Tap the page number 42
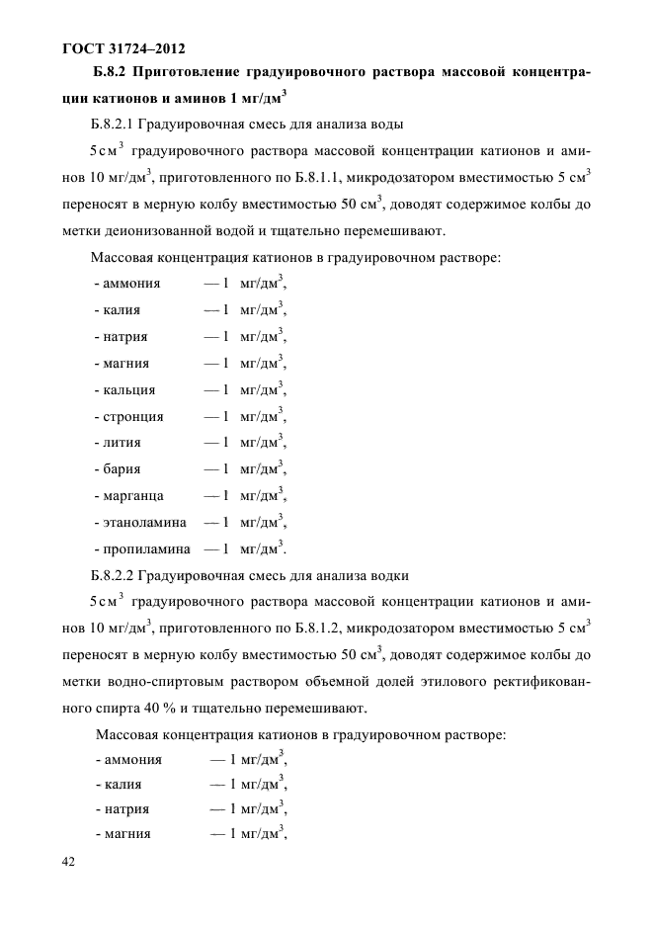pos(68,863)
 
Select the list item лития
pos(120,442)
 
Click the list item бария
pos(120,468)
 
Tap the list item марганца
pos(130,495)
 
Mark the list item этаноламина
pos(140,521)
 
